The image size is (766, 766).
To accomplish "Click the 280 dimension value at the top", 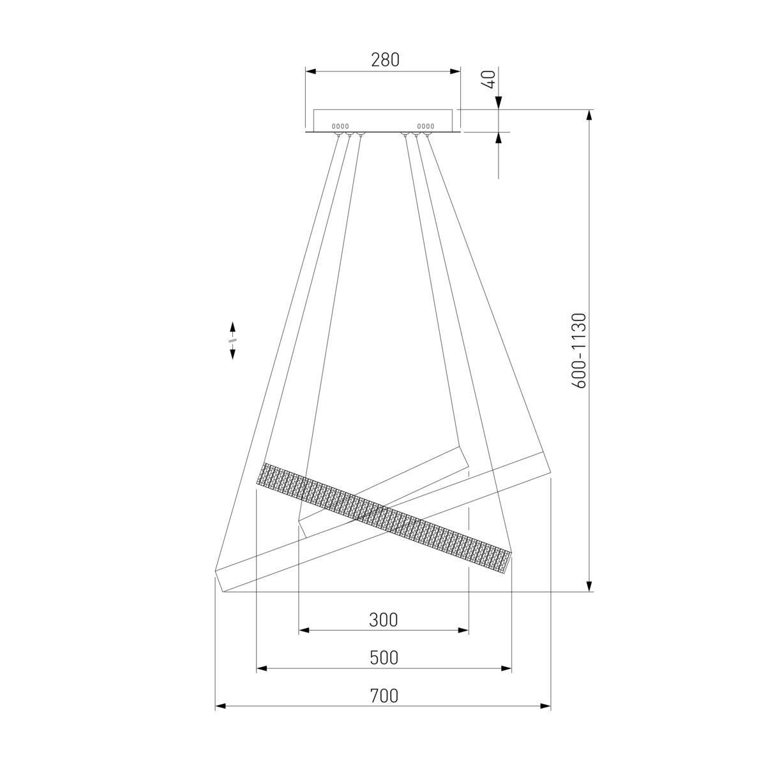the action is coord(385,59).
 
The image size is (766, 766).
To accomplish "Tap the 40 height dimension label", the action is coord(490,79).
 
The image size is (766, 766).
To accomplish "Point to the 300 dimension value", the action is coord(383,620).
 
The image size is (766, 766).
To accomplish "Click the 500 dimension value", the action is coord(384,658).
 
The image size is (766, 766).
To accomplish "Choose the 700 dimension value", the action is coord(384,696).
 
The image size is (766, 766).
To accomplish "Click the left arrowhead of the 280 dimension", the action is coord(310,71).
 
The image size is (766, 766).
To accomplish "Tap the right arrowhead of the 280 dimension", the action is coord(454,71).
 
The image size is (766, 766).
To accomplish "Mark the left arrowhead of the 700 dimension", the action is coord(221,707).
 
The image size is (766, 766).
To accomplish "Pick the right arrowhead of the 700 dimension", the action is coord(545,707).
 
